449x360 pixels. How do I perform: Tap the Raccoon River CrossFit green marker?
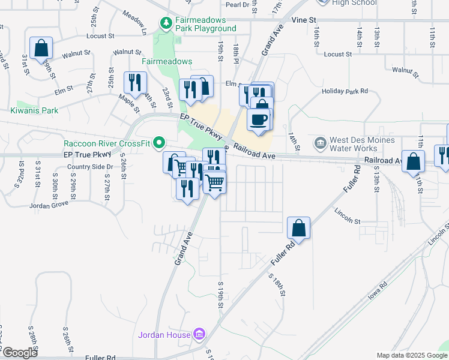coord(159,143)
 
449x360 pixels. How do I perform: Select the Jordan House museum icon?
coord(199,334)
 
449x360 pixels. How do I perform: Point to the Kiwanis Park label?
coord(34,110)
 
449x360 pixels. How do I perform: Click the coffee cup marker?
coord(259,119)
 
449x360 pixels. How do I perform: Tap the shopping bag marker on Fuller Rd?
coord(298,228)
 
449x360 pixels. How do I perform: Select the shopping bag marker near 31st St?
coord(41,48)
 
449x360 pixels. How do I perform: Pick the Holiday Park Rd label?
coord(344,91)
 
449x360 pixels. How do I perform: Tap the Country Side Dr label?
coord(90,166)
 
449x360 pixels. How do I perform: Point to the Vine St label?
coord(304,20)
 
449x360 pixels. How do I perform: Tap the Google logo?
coord(20,353)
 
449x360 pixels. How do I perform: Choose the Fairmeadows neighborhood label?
coord(167,61)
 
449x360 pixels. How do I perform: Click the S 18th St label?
coord(276,286)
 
